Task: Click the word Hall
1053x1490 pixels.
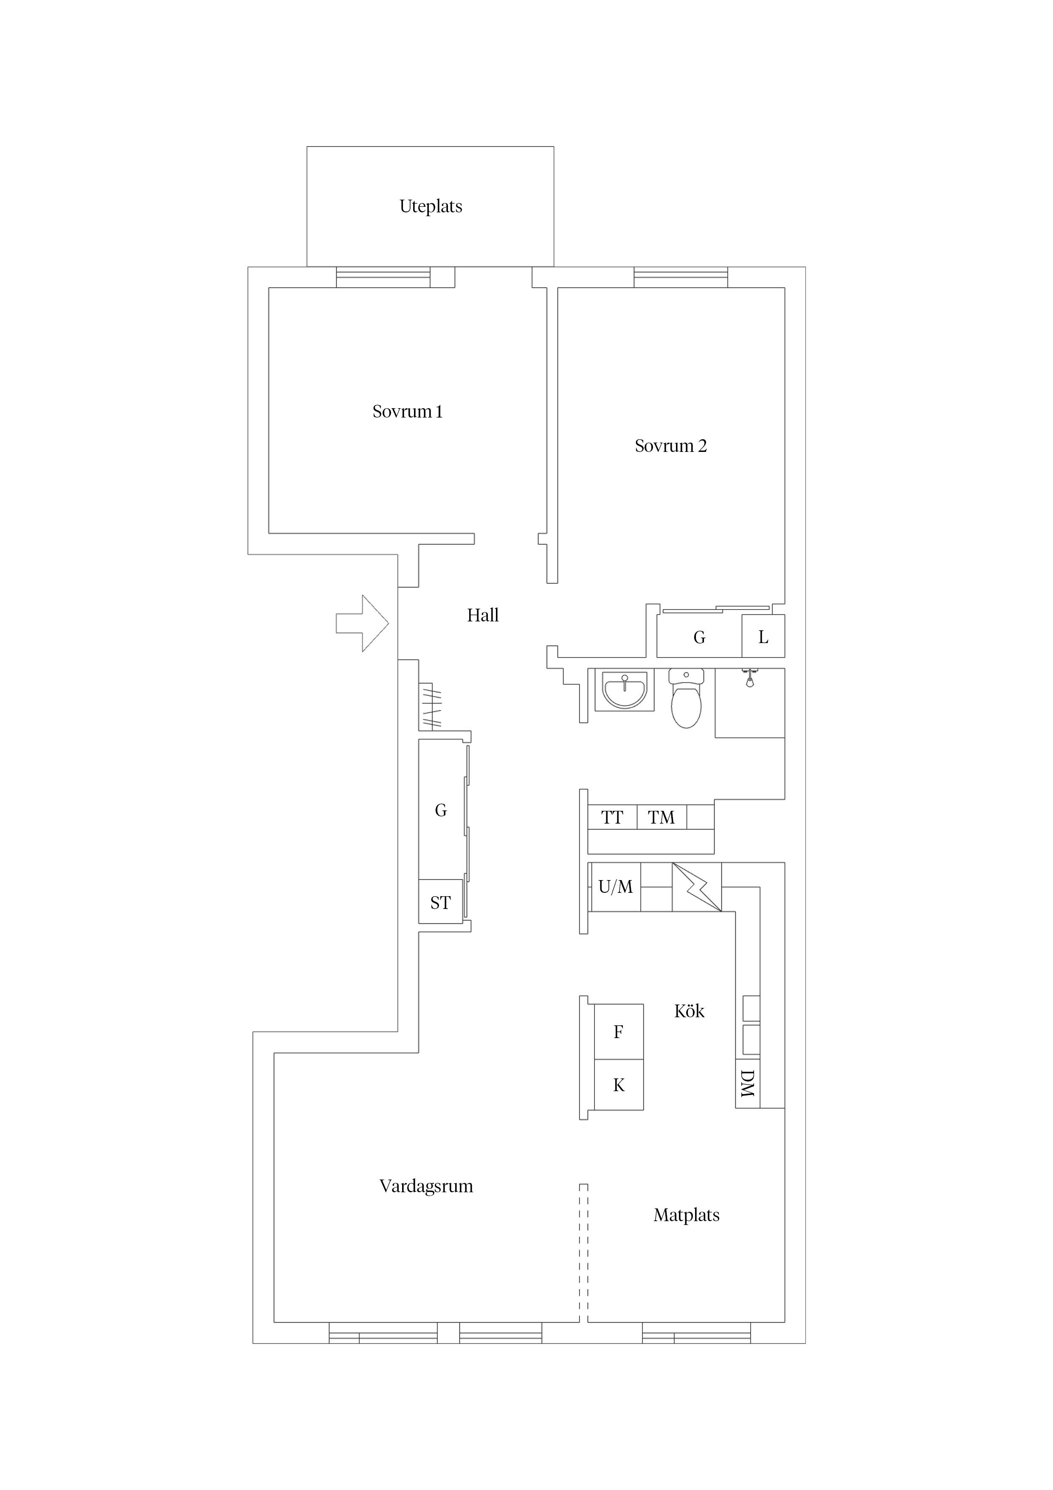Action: (x=483, y=615)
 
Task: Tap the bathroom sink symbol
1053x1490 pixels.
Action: (x=624, y=691)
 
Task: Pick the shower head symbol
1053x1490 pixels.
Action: (x=749, y=678)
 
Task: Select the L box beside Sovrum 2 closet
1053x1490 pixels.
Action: (x=763, y=637)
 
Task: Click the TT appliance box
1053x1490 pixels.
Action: (x=612, y=818)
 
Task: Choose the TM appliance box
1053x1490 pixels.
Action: (x=661, y=818)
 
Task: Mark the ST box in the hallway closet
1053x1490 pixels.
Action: (x=441, y=902)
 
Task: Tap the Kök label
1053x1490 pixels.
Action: (x=689, y=1011)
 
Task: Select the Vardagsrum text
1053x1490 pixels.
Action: (x=426, y=1186)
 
